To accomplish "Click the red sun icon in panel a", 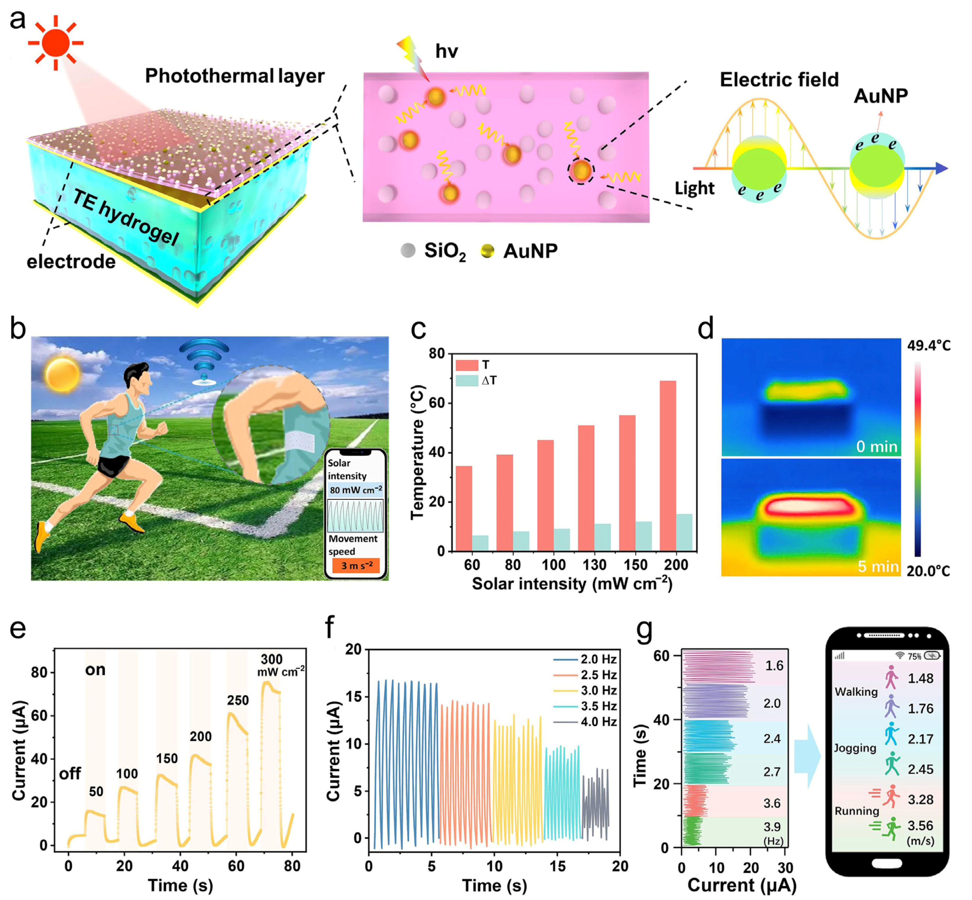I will (56, 43).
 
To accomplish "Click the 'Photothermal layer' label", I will (235, 76).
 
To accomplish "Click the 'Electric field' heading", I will (779, 80).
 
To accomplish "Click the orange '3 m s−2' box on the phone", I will (356, 566).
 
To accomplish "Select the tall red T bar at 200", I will (668, 465).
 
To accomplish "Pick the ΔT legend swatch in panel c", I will (467, 380).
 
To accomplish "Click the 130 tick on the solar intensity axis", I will (594, 565).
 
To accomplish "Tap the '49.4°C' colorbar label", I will (928, 346).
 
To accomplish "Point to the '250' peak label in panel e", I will (238, 700).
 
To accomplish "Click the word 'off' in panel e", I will (70, 773).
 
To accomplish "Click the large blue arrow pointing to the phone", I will (807, 756).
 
